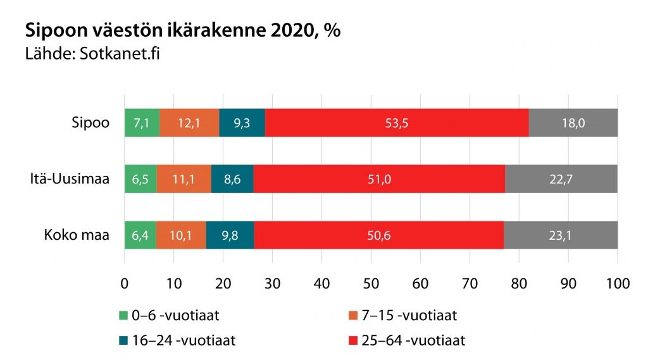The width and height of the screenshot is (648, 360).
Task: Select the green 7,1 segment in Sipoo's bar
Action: click(x=142, y=123)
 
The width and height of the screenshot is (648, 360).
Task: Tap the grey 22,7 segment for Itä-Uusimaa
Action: click(x=561, y=179)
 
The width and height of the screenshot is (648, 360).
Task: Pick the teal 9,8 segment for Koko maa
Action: click(x=230, y=235)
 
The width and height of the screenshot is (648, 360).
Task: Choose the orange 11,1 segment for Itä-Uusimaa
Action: click(x=184, y=179)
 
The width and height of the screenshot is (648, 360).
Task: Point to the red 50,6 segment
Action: click(x=378, y=235)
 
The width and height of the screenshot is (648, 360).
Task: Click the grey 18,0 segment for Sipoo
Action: click(x=573, y=123)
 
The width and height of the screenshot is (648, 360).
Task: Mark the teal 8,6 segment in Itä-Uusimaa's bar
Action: click(x=232, y=179)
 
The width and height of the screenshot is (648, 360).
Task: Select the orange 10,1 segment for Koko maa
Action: click(x=181, y=235)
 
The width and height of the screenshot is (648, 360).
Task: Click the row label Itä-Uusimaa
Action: click(x=71, y=180)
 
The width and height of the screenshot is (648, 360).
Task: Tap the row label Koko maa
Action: click(x=77, y=235)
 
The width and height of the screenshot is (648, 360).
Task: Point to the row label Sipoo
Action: click(x=91, y=123)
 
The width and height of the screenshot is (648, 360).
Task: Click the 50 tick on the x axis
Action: click(x=371, y=283)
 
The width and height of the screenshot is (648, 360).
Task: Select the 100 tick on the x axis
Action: click(x=617, y=283)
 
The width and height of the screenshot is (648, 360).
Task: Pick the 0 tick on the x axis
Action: click(x=125, y=283)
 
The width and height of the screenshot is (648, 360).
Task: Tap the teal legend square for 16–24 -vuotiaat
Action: click(x=125, y=340)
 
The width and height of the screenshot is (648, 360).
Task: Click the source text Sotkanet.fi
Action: click(x=119, y=53)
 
